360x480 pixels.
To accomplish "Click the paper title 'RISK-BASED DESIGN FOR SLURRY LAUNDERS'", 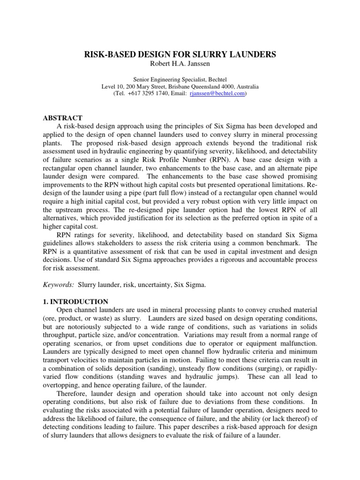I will click(180, 55).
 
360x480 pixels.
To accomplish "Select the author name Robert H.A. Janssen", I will click(180, 64).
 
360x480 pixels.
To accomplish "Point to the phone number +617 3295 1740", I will click(148, 94).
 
